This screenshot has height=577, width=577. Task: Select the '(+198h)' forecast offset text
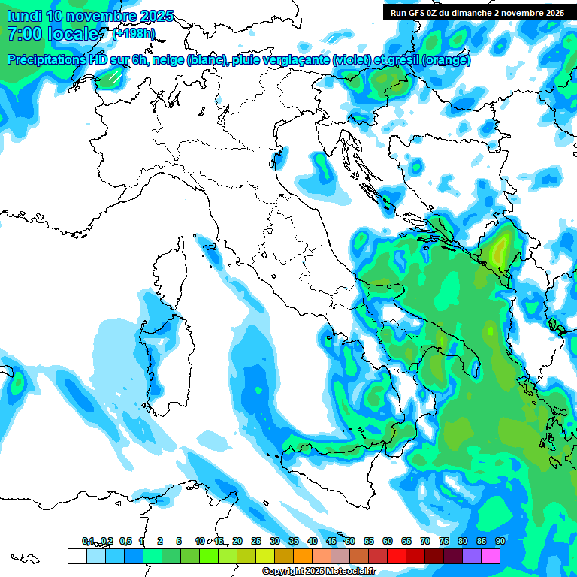click(x=134, y=34)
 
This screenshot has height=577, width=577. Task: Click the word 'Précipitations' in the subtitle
click(x=53, y=59)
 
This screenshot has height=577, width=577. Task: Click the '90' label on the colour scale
click(x=500, y=541)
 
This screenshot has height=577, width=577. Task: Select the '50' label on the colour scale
click(x=350, y=541)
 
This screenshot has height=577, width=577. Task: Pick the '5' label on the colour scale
click(x=179, y=541)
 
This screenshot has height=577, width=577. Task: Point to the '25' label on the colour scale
click(x=256, y=541)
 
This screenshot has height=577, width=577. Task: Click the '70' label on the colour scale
click(x=425, y=541)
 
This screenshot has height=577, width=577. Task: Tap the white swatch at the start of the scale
click(x=77, y=556)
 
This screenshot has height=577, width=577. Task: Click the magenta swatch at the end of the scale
click(x=491, y=556)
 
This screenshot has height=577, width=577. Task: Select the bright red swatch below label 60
click(x=397, y=556)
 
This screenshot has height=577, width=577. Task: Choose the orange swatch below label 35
click(x=303, y=556)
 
